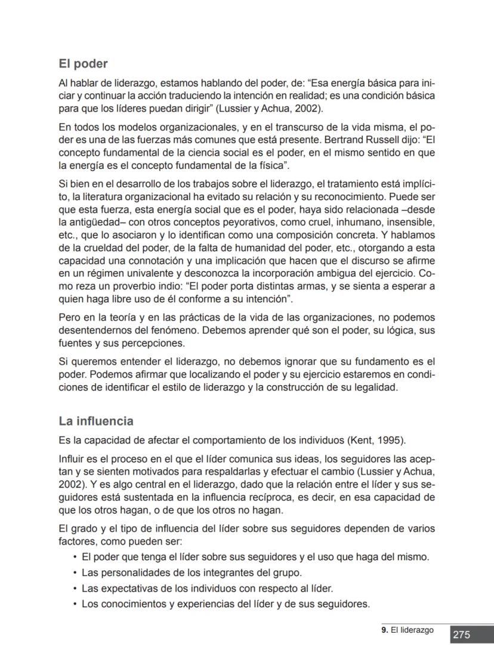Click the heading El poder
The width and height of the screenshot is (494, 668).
(83, 63)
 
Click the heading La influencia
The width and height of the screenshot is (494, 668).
(95, 421)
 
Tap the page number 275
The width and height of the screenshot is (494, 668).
(461, 635)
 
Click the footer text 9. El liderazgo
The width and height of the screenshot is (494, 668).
(407, 630)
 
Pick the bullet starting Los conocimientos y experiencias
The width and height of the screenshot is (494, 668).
(225, 604)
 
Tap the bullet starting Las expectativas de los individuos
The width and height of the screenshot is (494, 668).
(206, 588)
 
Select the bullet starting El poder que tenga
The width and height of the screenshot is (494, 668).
(255, 557)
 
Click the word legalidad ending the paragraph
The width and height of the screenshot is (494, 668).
(376, 387)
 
